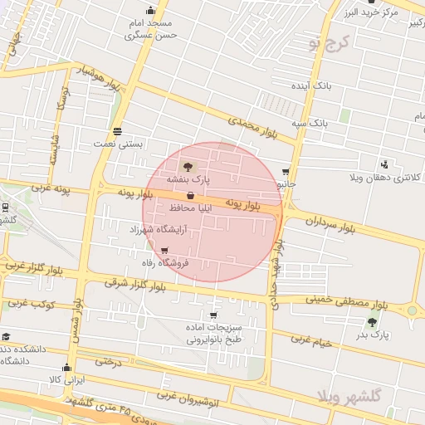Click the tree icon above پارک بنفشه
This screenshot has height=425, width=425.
[x=186, y=167]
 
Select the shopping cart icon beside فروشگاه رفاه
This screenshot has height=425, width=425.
[x=164, y=251]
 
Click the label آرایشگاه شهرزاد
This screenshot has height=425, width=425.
[x=160, y=228]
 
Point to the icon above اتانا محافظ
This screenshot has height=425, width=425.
[x=191, y=196]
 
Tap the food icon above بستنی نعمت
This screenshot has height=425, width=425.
[x=117, y=132]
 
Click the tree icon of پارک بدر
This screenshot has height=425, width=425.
[x=371, y=322]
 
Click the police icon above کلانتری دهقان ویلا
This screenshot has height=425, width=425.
[x=383, y=164]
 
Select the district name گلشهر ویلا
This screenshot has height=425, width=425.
[x=348, y=397]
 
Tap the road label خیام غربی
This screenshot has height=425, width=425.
[x=310, y=340]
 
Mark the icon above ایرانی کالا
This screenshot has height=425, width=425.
[x=67, y=368]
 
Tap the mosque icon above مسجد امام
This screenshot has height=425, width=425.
[x=150, y=11]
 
